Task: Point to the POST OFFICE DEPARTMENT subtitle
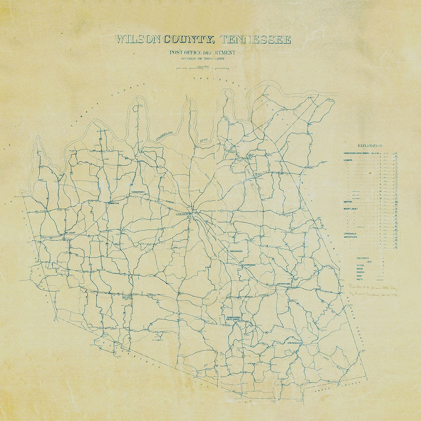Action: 203,53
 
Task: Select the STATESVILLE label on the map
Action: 295,344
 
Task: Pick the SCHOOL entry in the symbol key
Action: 361,265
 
